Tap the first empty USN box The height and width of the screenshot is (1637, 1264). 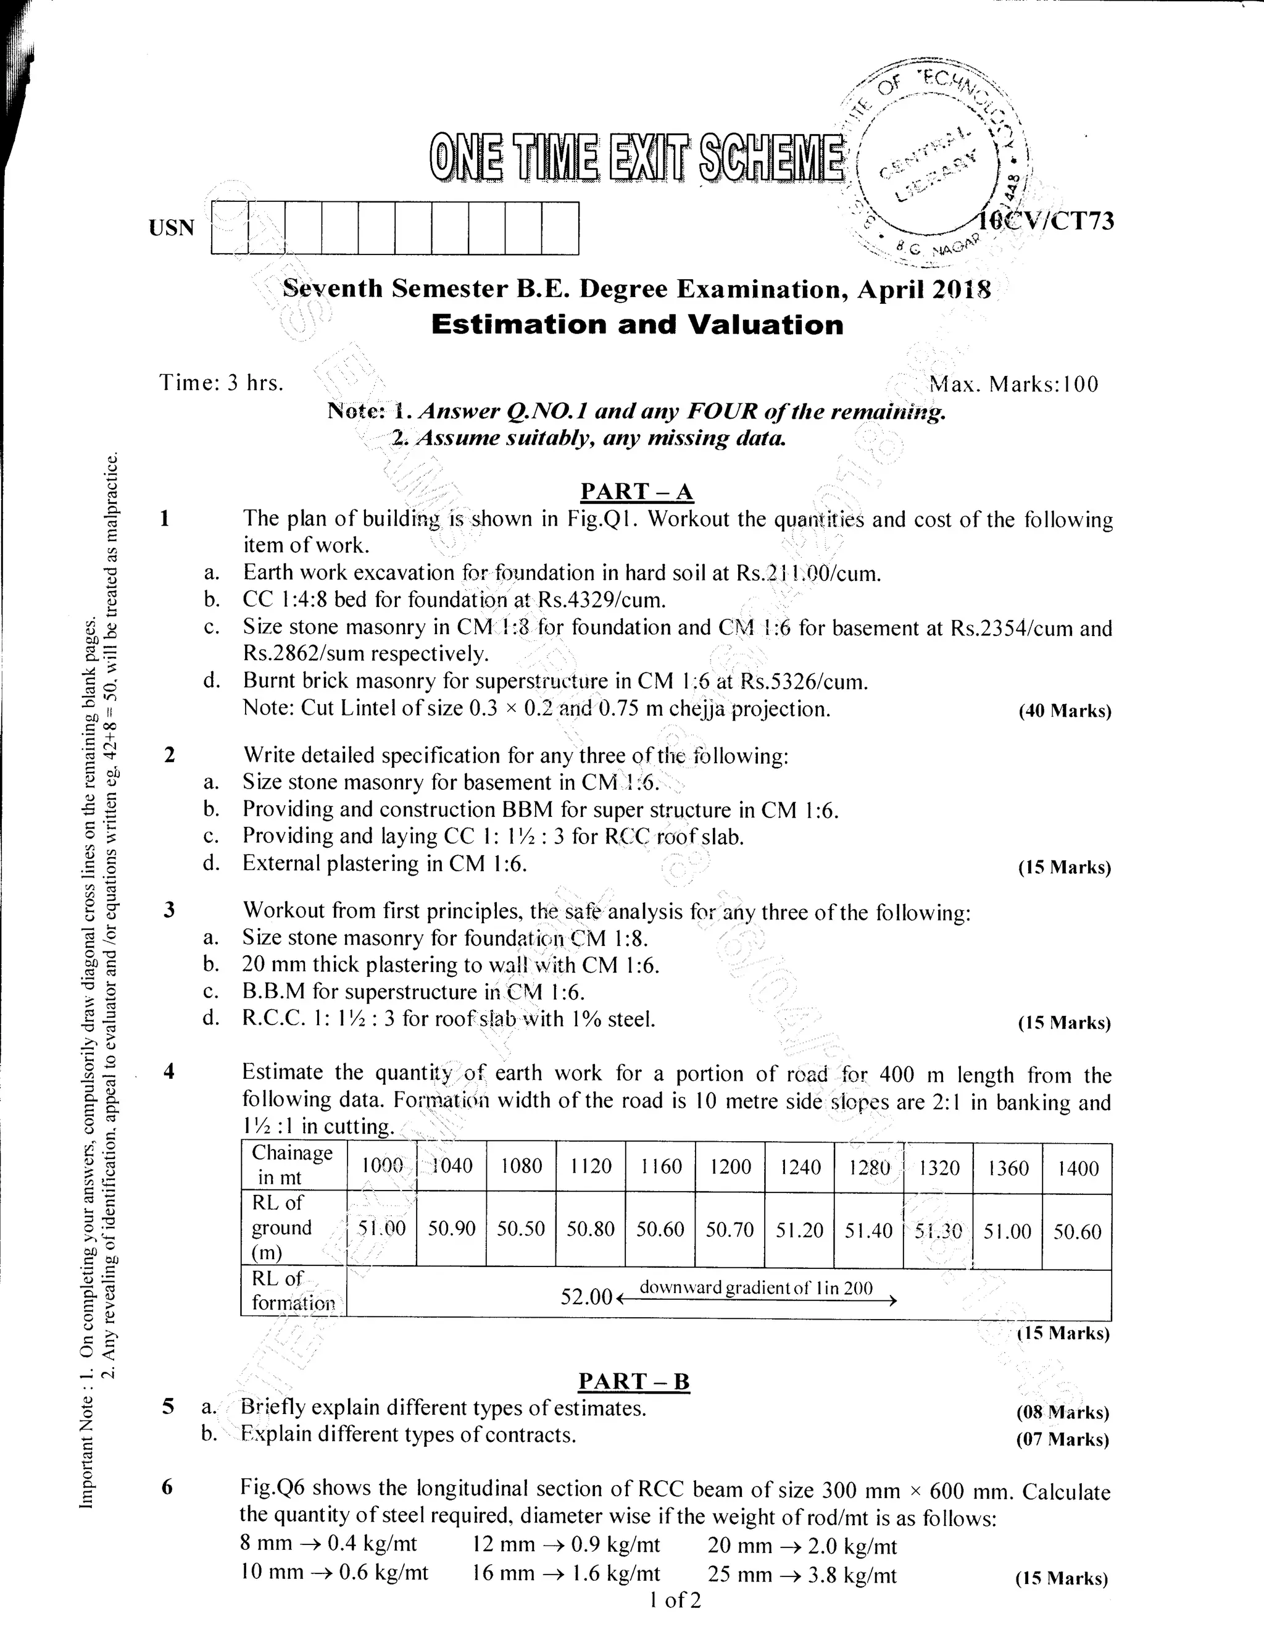tap(230, 228)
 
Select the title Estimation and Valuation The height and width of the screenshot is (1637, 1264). tap(637, 325)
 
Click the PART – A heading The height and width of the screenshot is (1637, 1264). tap(637, 492)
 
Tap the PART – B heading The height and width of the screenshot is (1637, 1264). tap(634, 1381)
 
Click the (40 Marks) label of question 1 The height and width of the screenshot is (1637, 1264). tap(1064, 711)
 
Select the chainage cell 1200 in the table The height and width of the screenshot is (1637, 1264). tap(730, 1166)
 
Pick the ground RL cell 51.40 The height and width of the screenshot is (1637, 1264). tap(868, 1230)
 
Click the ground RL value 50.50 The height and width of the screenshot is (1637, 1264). tap(521, 1229)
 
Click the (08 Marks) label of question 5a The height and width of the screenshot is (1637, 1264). tap(1062, 1413)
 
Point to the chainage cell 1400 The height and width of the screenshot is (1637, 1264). tap(1078, 1168)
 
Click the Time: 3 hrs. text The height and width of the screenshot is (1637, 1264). tap(222, 383)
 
